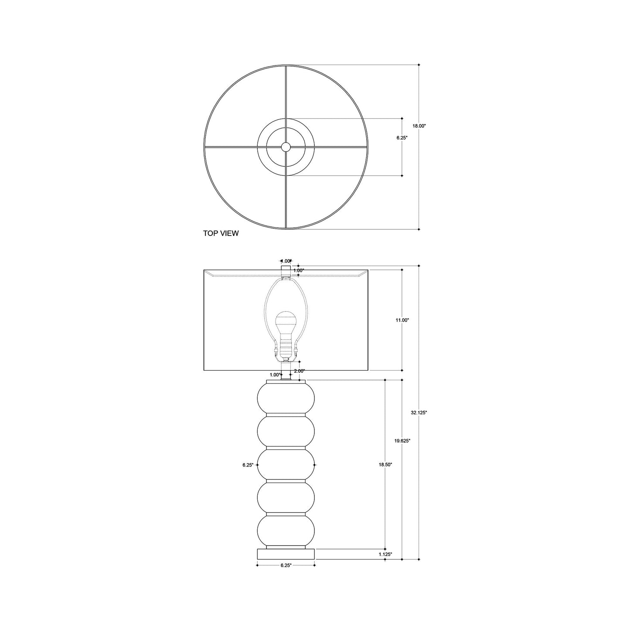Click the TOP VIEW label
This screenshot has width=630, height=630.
[221, 233]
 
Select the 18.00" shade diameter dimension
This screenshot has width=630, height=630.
[419, 126]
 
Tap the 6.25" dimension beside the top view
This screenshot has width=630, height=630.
[402, 137]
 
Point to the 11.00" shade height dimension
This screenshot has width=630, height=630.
[402, 320]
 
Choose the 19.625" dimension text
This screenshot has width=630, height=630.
[402, 441]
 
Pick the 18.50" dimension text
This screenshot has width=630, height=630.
[385, 465]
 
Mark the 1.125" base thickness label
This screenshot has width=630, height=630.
[385, 554]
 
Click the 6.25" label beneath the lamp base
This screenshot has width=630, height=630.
[286, 565]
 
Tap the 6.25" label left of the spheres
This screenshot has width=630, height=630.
[248, 465]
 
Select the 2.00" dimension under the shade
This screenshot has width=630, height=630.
[299, 371]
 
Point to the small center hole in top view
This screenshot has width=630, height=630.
[286, 147]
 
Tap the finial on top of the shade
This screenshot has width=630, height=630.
[286, 268]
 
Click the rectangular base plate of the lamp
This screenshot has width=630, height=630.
[286, 554]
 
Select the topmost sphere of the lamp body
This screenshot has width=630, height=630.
[286, 397]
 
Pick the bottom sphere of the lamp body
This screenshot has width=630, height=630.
[286, 530]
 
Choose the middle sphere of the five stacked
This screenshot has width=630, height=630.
[286, 465]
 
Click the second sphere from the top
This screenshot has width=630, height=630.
[286, 431]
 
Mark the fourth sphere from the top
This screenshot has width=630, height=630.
[286, 498]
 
